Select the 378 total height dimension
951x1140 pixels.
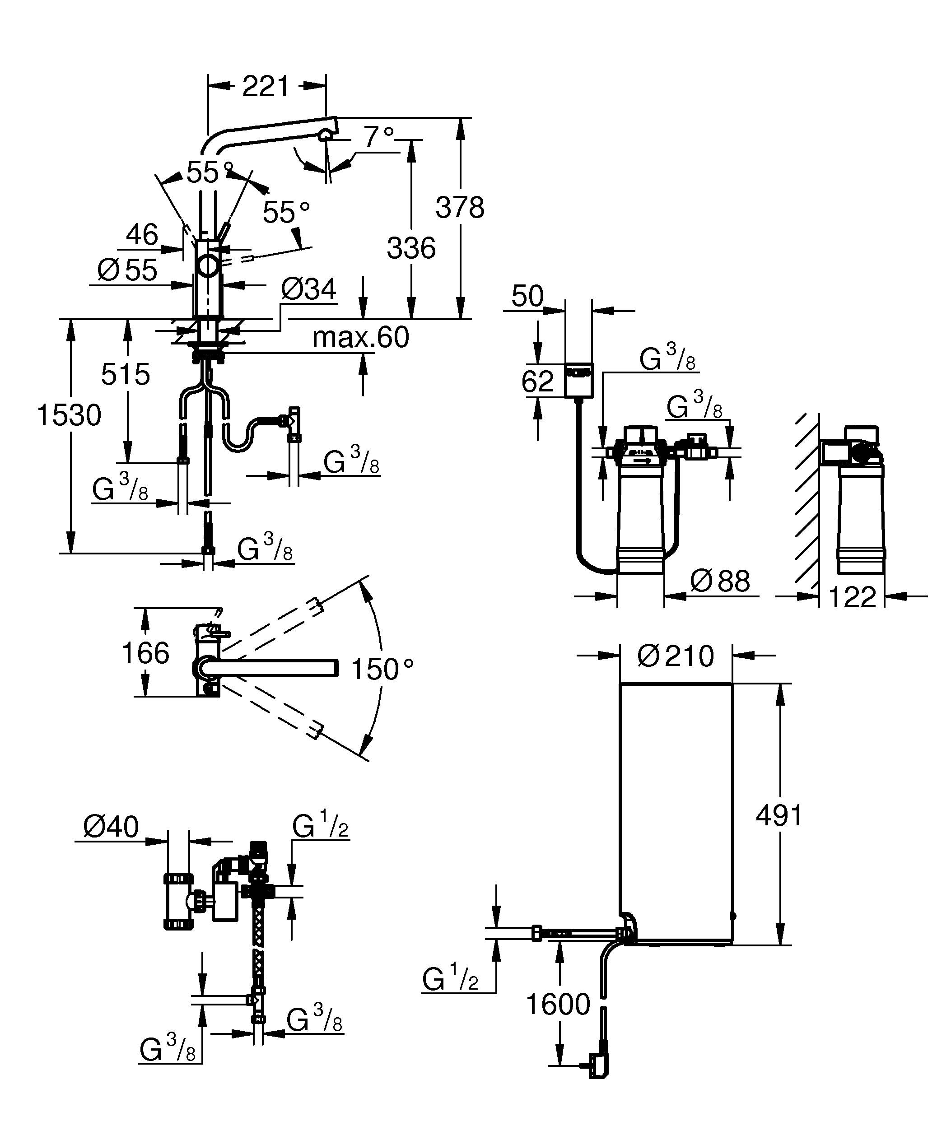[460, 208]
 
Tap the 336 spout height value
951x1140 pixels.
[411, 249]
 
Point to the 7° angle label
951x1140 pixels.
[378, 137]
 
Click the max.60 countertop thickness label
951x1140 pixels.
[360, 338]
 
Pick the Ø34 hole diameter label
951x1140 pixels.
[308, 290]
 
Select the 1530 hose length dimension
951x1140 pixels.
[69, 416]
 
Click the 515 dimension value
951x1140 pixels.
[126, 375]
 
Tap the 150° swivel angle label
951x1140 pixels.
[382, 670]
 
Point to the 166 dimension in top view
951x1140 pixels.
[145, 652]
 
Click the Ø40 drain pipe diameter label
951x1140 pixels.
[111, 827]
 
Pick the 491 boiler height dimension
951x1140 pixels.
[779, 831]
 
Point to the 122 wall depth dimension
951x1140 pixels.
[852, 598]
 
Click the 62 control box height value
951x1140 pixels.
[537, 381]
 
